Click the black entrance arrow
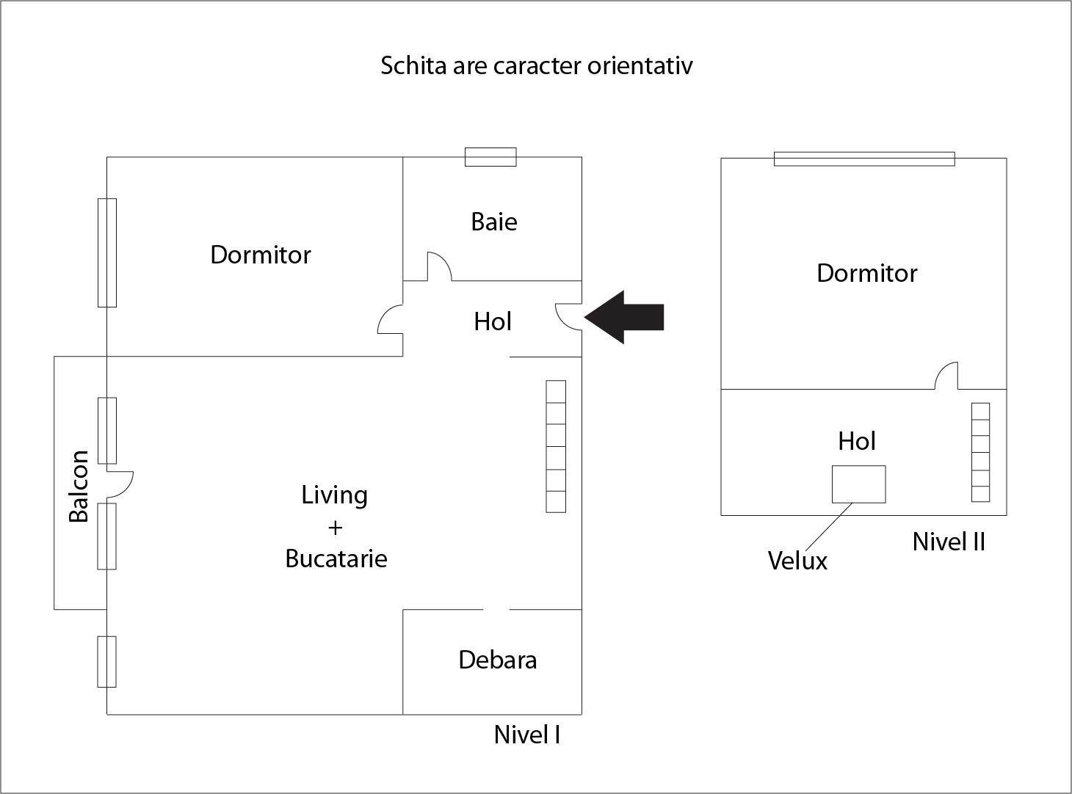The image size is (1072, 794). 625,317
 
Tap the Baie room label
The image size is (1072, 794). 494,222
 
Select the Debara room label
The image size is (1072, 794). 497,660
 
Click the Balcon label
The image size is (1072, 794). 79,487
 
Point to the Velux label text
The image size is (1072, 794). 797,561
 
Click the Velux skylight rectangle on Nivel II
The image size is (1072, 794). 858,484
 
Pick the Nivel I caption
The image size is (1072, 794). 527,735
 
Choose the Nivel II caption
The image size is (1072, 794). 949,542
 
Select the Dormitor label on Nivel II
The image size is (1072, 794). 866,273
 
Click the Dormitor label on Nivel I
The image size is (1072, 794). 261,255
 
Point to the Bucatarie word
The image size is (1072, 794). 336,558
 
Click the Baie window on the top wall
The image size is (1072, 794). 490,157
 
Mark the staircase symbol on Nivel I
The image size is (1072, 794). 556,446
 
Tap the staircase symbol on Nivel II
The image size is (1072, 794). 980,452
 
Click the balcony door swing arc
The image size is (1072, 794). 122,481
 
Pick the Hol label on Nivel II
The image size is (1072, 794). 857,441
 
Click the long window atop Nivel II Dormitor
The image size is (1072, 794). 864,159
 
